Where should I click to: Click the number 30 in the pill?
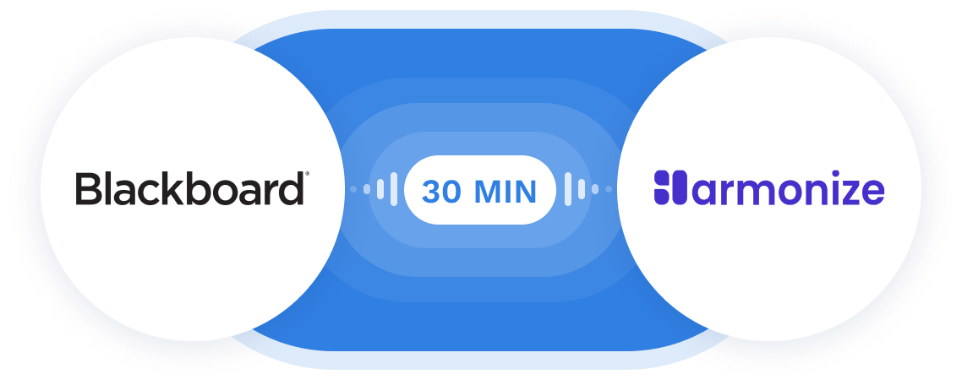[x=441, y=192]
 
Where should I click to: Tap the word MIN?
[x=506, y=192]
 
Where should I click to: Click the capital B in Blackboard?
[x=87, y=189]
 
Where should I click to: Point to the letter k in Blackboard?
[x=169, y=189]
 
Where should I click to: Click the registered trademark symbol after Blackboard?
[x=307, y=176]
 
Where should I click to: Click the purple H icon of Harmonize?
[x=667, y=188]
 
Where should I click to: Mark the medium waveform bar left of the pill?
[x=379, y=189]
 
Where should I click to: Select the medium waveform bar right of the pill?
[x=581, y=189]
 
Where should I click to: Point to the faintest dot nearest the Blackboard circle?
[x=353, y=189]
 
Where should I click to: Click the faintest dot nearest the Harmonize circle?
[x=607, y=189]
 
